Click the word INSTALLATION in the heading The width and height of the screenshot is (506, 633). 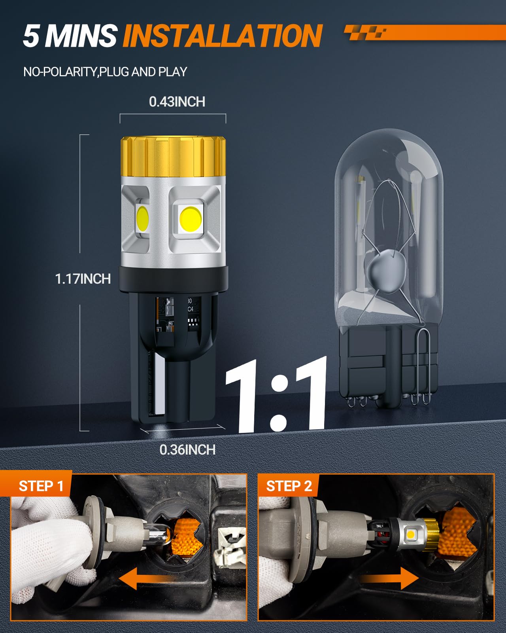[222, 36]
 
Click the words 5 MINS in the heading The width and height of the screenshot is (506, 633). [70, 36]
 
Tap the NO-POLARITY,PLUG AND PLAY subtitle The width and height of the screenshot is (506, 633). [105, 72]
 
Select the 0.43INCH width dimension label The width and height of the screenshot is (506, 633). [177, 102]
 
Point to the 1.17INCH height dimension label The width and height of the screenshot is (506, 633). [83, 279]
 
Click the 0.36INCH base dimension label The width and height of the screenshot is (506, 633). [187, 449]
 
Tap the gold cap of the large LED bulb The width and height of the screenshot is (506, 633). [173, 156]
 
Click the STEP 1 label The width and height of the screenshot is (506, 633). [41, 486]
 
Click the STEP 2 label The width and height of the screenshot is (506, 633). [289, 486]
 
